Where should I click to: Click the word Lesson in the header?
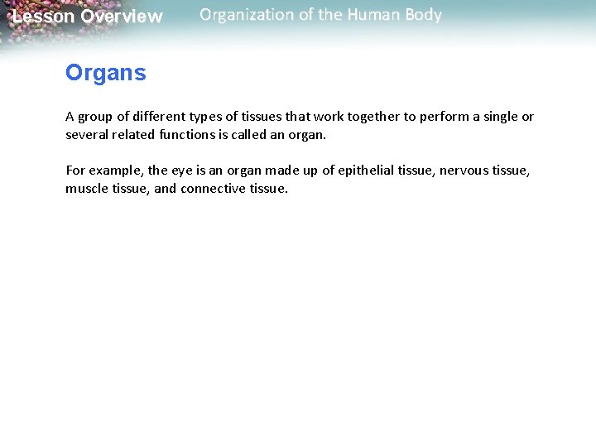pos(43,17)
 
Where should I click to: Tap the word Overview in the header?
pos(122,17)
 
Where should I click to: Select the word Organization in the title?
pos(246,15)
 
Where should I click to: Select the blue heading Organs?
pos(105,73)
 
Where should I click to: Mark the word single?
pos(499,117)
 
